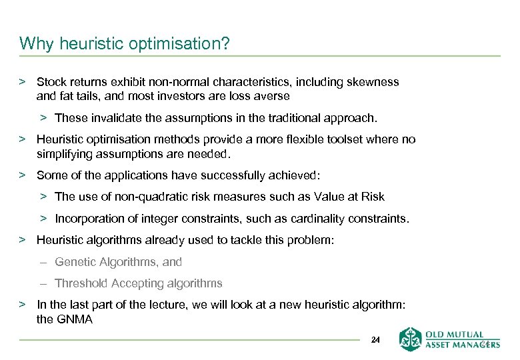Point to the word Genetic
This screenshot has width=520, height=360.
tap(73, 262)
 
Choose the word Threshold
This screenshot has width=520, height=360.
tap(81, 283)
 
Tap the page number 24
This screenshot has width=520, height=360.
tap(375, 340)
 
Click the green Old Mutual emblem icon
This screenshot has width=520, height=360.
tap(411, 339)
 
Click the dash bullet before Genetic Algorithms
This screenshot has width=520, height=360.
tap(43, 262)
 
